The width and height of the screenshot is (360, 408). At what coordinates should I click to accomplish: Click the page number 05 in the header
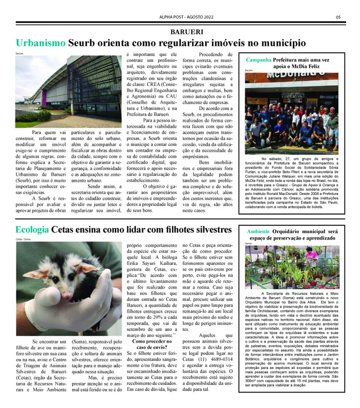pyautogui.click(x=338, y=16)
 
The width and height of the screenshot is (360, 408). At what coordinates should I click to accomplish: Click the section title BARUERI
pyautogui.click(x=179, y=30)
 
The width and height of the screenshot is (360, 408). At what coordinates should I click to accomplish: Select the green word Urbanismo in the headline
pyautogui.click(x=41, y=43)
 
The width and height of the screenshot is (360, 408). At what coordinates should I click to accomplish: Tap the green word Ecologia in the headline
pyautogui.click(x=32, y=229)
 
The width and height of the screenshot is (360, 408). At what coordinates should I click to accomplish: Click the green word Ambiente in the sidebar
pyautogui.click(x=262, y=231)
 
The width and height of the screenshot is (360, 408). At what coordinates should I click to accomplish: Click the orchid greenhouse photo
pyautogui.click(x=292, y=267)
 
